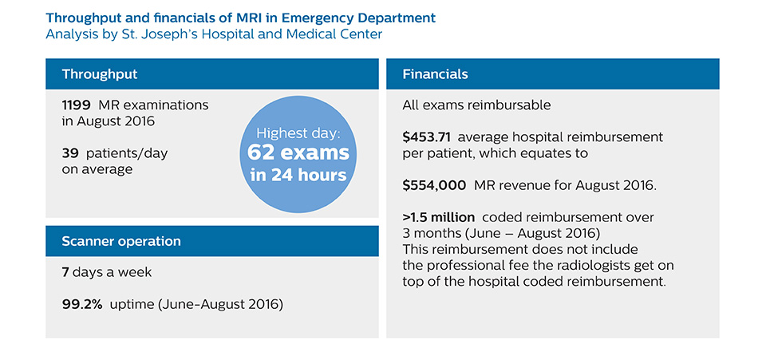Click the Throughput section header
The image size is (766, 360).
coord(100,74)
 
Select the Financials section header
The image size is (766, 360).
coord(435,74)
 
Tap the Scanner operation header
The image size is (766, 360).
coord(121,241)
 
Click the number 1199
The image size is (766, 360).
coord(77,105)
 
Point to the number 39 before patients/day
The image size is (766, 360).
coord(69,152)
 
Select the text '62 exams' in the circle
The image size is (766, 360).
coord(298,152)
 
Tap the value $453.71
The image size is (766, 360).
coord(427,137)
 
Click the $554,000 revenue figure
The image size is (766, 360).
coord(434,184)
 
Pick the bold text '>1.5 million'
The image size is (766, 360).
coord(439,217)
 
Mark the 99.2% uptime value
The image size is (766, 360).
coord(81,303)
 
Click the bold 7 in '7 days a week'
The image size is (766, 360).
coord(65,272)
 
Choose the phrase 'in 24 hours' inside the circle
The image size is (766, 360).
coord(298,175)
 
